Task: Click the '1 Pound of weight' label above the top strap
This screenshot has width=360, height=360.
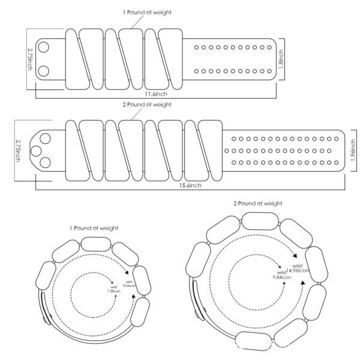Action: pos(147,13)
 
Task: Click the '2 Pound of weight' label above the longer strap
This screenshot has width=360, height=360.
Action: pos(147,104)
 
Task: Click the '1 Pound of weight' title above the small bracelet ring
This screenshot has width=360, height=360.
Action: pos(95,228)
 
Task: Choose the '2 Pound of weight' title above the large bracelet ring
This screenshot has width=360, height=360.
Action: pos(258,204)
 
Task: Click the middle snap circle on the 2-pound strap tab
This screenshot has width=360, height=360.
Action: pos(36,150)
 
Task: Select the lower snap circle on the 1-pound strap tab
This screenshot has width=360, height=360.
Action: pos(43,70)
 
